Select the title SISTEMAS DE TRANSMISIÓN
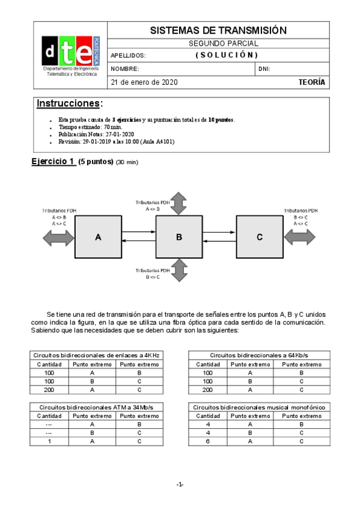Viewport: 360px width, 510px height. coord(218,31)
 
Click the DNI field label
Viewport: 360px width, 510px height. coord(264,69)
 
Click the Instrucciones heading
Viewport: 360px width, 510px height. coord(69,103)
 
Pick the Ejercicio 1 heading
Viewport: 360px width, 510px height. coord(52,161)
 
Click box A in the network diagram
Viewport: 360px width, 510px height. coord(98,238)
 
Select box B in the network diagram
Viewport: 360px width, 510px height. coord(178,238)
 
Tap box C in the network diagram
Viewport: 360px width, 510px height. coord(259,238)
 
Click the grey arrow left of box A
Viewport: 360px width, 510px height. coord(58,238)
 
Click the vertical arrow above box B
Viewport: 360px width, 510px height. coord(178,203)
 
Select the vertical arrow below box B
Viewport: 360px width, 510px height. coord(178,269)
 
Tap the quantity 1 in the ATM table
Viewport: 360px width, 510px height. coord(49,442)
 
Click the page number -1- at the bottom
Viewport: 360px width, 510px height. coord(180,485)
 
